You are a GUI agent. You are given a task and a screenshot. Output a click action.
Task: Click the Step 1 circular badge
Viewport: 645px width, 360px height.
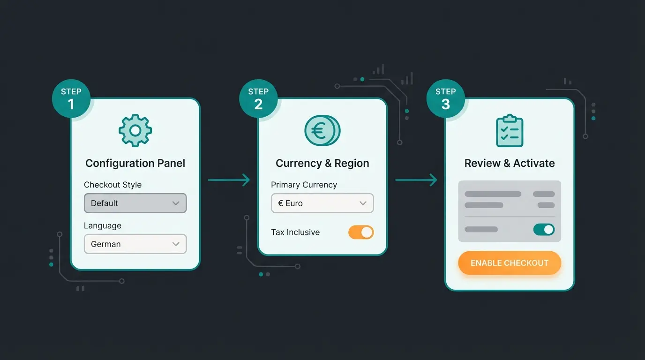(71, 98)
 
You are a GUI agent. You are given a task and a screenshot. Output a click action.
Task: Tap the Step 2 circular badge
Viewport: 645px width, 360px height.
(258, 98)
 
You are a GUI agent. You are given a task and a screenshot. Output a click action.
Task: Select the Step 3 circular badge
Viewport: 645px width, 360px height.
(445, 98)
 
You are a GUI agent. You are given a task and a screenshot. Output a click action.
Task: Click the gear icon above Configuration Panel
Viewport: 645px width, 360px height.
(135, 131)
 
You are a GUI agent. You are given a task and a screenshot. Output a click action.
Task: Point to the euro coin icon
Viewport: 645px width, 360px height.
(322, 131)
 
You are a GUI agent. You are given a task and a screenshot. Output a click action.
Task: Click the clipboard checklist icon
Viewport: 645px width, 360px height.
(510, 131)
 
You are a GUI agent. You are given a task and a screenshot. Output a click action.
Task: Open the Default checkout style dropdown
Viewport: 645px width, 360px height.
(135, 203)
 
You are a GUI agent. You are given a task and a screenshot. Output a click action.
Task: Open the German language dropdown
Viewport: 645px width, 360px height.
(135, 244)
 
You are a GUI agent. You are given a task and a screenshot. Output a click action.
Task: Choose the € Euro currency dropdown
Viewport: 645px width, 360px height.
(322, 203)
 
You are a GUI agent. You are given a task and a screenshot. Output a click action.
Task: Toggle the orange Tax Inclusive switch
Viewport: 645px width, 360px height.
(360, 232)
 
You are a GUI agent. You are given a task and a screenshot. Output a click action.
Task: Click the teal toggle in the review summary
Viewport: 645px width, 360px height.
(544, 229)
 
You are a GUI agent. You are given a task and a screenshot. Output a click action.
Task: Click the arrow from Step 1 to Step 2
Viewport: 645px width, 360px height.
(229, 180)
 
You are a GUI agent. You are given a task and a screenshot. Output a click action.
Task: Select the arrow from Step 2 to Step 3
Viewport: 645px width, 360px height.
(416, 180)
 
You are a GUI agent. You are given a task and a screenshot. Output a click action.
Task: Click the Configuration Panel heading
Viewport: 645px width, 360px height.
(135, 163)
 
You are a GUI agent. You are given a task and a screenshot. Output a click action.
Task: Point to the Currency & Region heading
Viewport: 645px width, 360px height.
(322, 163)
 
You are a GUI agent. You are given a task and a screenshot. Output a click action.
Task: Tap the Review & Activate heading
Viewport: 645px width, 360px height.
(510, 163)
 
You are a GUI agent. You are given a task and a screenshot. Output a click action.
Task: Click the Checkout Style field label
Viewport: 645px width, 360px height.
(112, 185)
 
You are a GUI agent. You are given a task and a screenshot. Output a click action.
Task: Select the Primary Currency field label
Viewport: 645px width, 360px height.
(304, 185)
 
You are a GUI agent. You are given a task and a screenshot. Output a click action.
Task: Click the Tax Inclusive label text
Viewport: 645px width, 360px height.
(295, 232)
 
